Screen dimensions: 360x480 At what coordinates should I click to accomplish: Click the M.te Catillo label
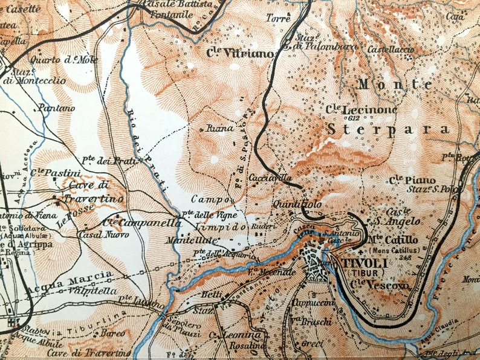click(x=392, y=240)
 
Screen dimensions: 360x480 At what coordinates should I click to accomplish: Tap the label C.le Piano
click(x=404, y=179)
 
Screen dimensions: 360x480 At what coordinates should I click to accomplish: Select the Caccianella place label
click(x=270, y=179)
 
